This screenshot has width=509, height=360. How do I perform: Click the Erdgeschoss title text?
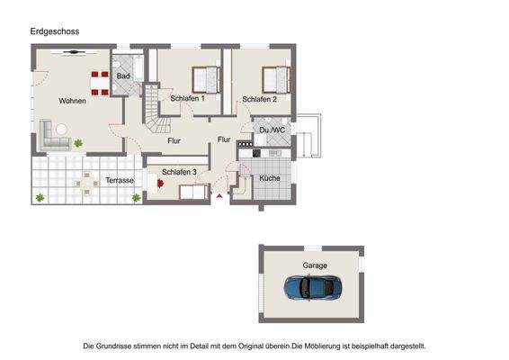point(55,31)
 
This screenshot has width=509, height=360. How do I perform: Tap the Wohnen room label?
point(73,101)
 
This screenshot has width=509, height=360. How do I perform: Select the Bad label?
point(123,76)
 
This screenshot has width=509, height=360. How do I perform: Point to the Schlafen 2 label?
point(259,99)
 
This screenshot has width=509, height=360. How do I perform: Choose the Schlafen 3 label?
point(179,172)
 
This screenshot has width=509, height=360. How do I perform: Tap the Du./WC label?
point(272,130)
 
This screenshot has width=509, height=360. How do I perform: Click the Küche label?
point(270,178)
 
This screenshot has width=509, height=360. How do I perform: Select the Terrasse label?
point(120,180)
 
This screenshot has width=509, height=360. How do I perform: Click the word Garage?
point(315,265)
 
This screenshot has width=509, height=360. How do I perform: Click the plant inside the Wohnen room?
point(79,142)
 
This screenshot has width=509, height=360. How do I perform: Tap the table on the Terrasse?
point(86,182)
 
